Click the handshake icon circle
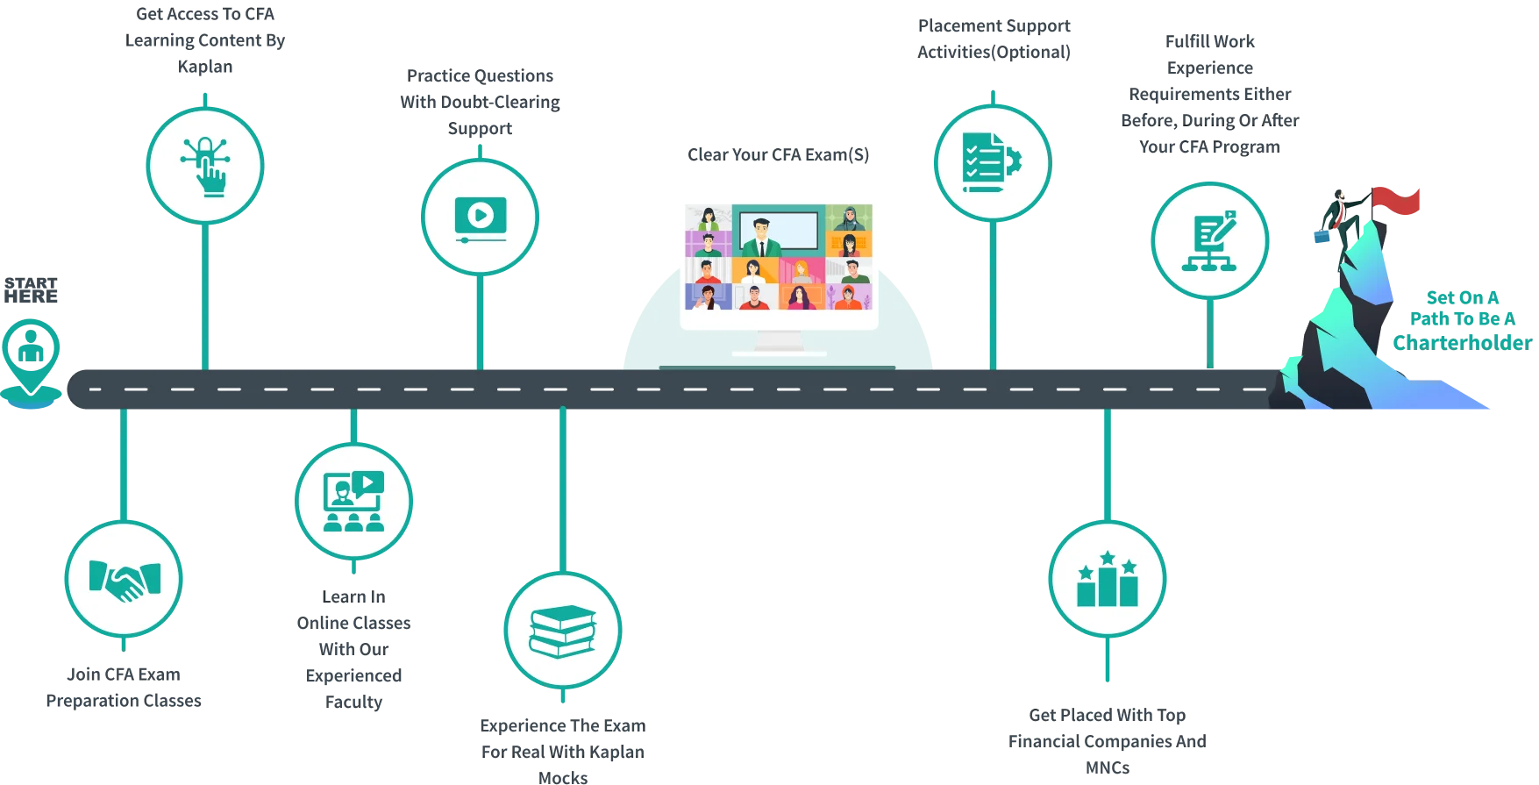coord(124,579)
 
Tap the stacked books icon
coord(563,631)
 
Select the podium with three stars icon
coord(1107,579)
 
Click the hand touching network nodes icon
coord(205,165)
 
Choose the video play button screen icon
coord(480,218)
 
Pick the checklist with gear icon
coord(992,161)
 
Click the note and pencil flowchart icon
coord(1209,240)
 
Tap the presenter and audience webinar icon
coord(353,502)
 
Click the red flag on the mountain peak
coord(1399,199)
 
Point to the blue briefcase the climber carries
coord(1322,235)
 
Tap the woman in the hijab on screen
coord(849,218)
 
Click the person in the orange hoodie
coord(848,297)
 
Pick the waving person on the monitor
coord(707,297)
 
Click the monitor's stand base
coord(779,353)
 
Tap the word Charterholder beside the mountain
coord(1460,342)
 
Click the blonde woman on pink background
coord(802,270)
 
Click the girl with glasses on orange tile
coord(848,244)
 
